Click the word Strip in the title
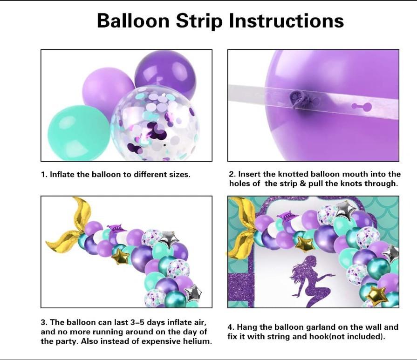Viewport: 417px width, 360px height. pyautogui.click(x=199, y=21)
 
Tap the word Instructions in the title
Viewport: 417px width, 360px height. pyautogui.click(x=286, y=20)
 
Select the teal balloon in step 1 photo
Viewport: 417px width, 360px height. pyautogui.click(x=79, y=133)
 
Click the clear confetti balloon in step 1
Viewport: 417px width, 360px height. pyautogui.click(x=155, y=123)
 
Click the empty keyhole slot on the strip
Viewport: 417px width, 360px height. pyautogui.click(x=362, y=107)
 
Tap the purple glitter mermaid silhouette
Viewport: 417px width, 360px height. pyautogui.click(x=312, y=280)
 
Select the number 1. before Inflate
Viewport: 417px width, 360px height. pyautogui.click(x=44, y=175)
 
